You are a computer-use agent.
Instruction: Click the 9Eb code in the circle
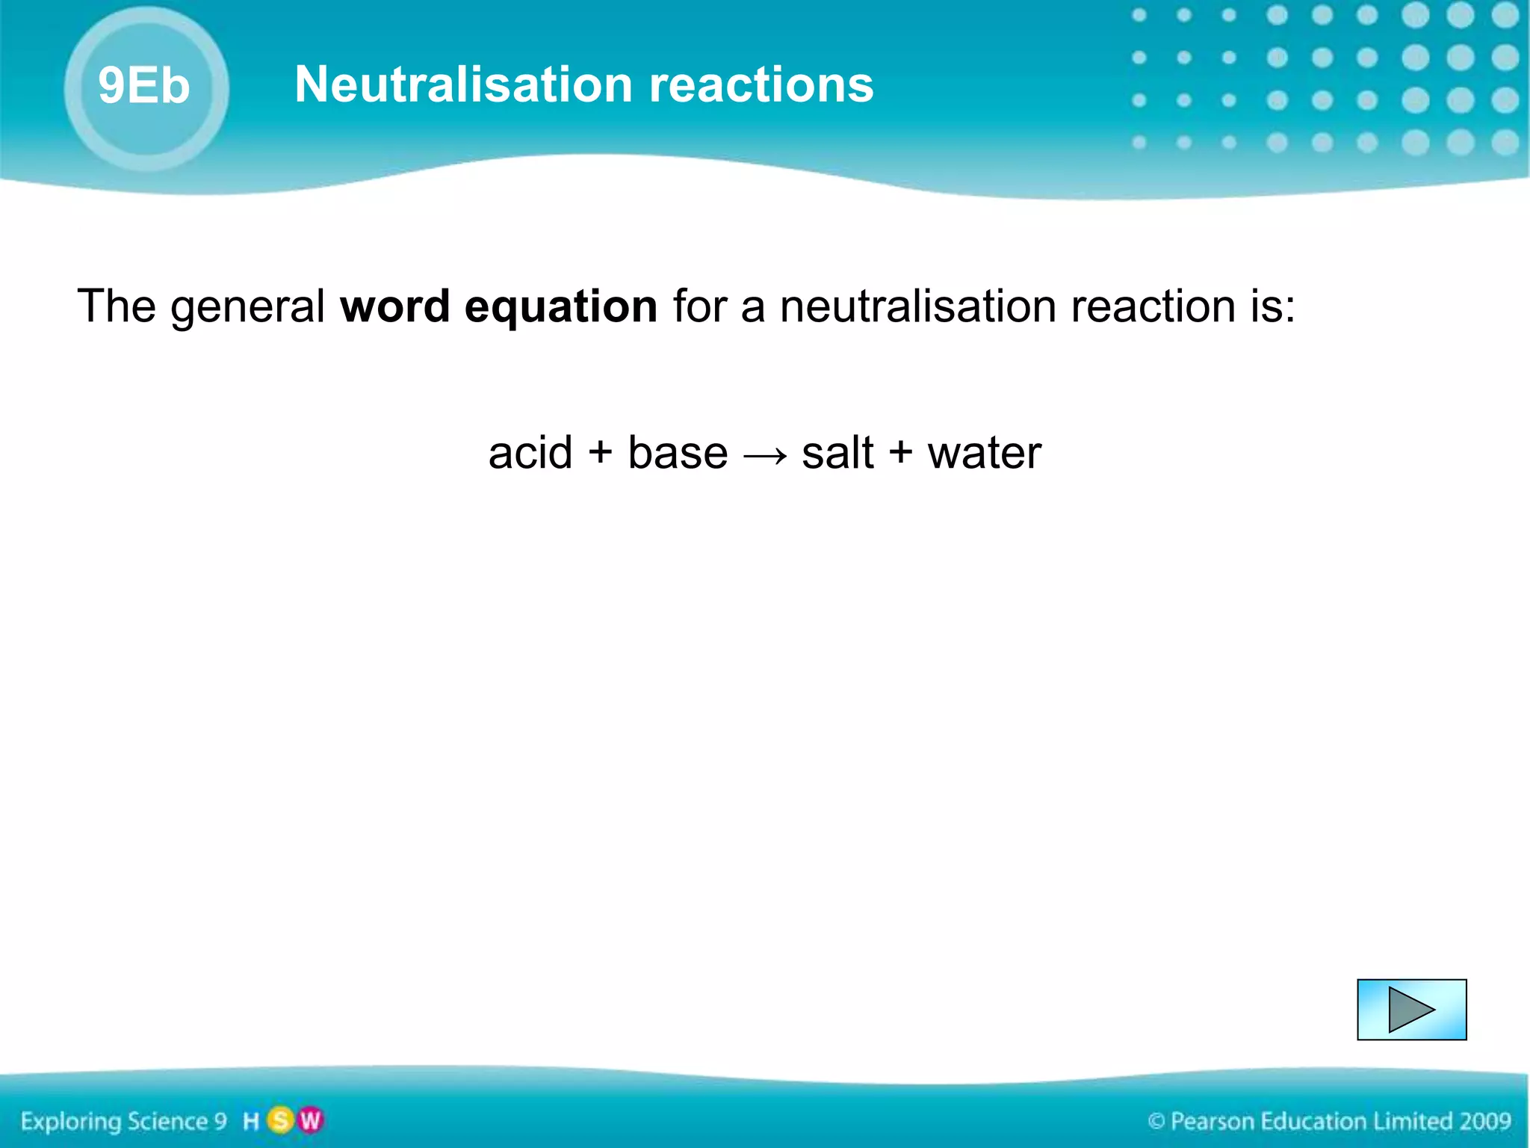tap(144, 85)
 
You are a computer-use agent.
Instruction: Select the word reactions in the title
tap(761, 85)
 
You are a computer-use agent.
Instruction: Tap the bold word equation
tap(560, 308)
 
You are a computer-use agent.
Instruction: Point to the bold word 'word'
tap(395, 306)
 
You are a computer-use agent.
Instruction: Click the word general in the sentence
tap(247, 308)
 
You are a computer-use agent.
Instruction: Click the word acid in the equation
tap(530, 453)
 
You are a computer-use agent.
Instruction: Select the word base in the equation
tap(678, 453)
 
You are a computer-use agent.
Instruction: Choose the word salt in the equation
tap(837, 453)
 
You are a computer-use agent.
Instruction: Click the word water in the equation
tap(984, 453)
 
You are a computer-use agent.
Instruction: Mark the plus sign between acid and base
tap(600, 453)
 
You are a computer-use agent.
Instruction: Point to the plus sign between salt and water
tap(901, 453)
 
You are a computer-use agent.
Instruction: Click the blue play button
tap(1411, 1010)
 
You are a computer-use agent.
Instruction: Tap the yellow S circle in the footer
tap(281, 1120)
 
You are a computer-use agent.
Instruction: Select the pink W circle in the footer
tap(309, 1120)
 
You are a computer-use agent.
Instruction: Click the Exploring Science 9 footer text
tap(124, 1121)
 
